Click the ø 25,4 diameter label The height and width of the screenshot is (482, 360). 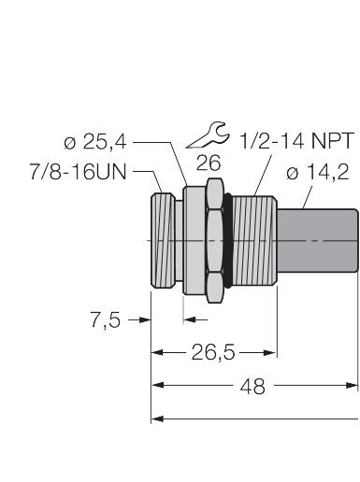(x=95, y=143)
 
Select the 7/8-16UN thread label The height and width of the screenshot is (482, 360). (x=78, y=172)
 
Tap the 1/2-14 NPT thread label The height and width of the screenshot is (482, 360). (x=297, y=140)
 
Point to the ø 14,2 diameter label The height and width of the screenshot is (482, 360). (x=318, y=173)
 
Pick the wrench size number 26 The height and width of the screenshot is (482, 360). (x=209, y=163)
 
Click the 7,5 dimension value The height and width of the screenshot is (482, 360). (x=106, y=320)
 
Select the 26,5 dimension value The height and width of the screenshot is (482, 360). (x=213, y=353)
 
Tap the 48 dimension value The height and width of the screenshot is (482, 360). (x=252, y=387)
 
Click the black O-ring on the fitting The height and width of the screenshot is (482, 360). (x=228, y=240)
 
